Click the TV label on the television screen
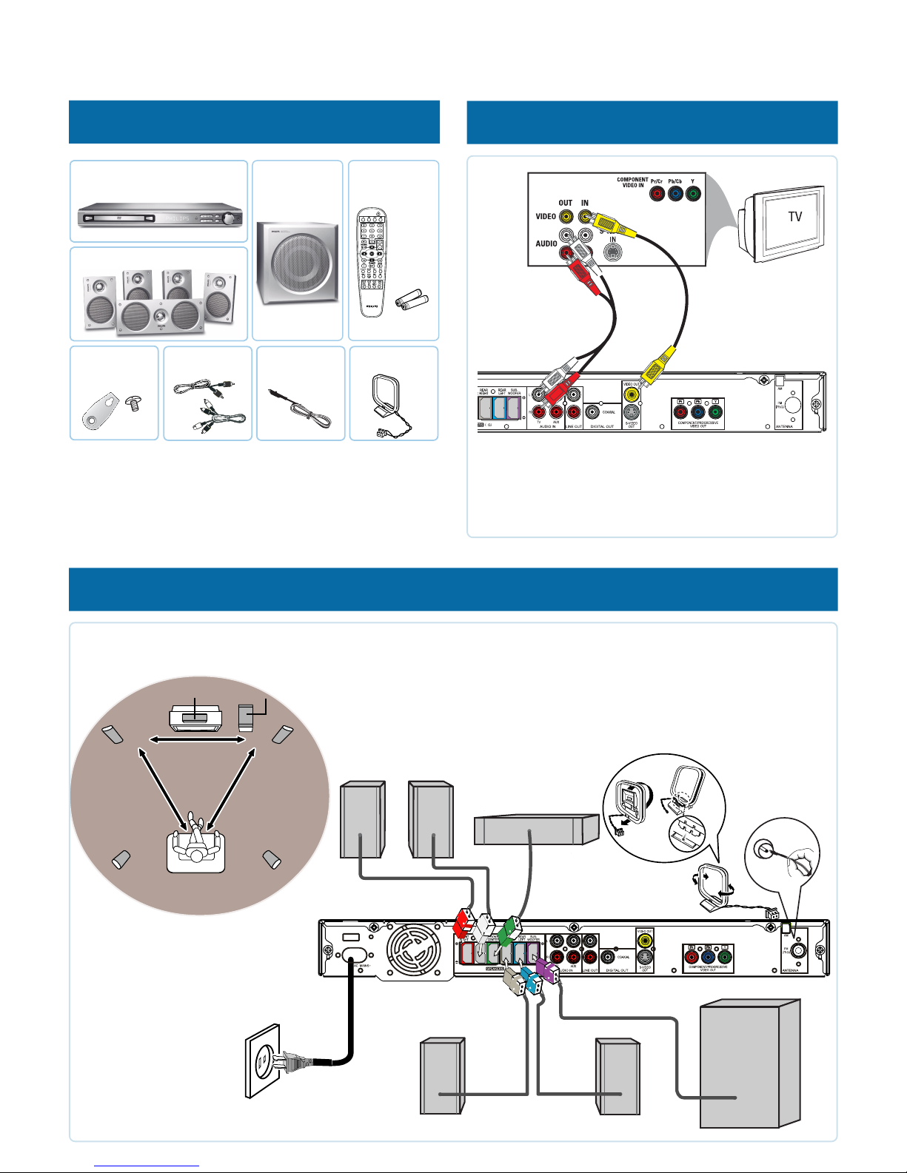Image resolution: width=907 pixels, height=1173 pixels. pyautogui.click(x=794, y=217)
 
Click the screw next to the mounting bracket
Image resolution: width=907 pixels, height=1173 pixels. pyautogui.click(x=133, y=404)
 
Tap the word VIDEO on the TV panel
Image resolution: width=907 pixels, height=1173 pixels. pyautogui.click(x=546, y=217)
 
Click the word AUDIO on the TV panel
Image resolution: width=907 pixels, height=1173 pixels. pyautogui.click(x=546, y=243)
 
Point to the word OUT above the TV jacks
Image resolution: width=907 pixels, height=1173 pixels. pyautogui.click(x=566, y=203)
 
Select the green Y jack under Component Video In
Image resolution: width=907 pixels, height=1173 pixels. pyautogui.click(x=692, y=194)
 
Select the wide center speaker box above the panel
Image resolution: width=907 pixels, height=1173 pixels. pyautogui.click(x=535, y=829)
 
